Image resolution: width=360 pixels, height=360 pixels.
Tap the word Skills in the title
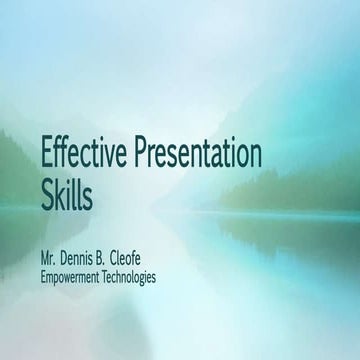[x=66, y=193]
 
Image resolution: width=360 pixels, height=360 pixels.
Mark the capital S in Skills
[x=47, y=193]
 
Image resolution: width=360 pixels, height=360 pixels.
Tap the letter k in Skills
[x=61, y=193]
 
